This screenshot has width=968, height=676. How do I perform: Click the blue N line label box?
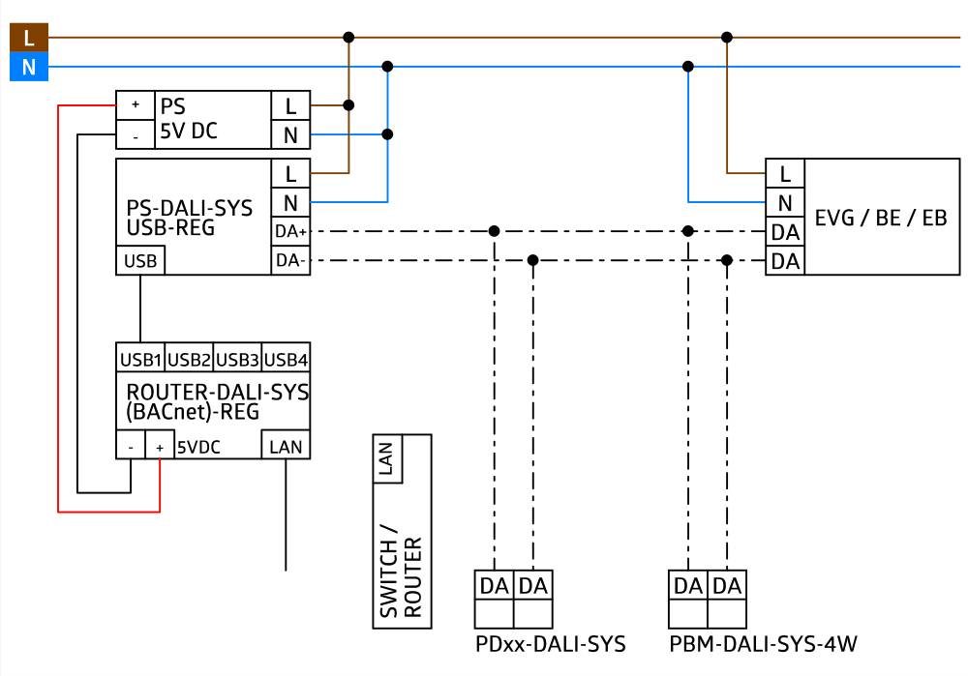coord(28,68)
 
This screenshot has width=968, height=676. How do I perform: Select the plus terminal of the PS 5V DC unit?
coord(136,104)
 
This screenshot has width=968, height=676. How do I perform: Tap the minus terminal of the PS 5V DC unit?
coord(136,135)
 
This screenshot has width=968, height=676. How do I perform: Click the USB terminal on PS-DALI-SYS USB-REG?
coord(140,260)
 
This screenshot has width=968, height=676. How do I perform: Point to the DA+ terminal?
coord(290,232)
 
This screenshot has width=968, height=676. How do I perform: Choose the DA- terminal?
coord(290,260)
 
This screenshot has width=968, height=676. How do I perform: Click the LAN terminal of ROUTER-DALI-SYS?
coord(286,447)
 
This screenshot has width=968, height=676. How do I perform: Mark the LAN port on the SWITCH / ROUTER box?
coord(388,458)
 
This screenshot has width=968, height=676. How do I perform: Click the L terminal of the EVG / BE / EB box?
coord(785,174)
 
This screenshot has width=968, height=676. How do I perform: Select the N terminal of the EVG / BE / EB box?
coord(785,203)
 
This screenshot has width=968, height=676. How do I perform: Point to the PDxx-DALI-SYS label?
coord(550,644)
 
